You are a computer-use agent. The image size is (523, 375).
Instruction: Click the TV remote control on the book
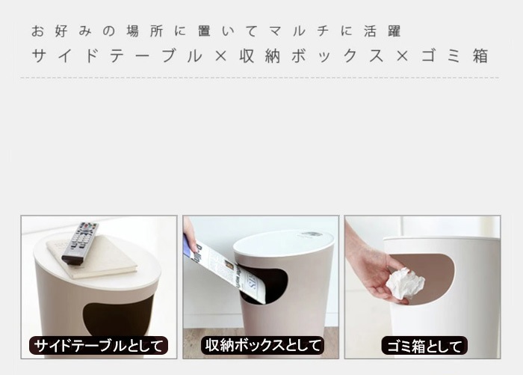[x=80, y=243]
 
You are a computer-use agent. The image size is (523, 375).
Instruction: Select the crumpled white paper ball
[x=405, y=285]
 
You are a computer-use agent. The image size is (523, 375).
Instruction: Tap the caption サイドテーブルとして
[x=99, y=346]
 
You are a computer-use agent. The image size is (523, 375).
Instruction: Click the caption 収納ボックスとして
[x=262, y=346]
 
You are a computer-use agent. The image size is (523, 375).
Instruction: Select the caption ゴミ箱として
[x=424, y=346]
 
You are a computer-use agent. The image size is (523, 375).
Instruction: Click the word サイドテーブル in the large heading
[x=117, y=56]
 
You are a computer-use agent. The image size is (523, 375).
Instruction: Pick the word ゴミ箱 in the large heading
[x=455, y=56]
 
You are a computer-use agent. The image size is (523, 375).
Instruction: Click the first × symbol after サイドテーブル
[x=221, y=56]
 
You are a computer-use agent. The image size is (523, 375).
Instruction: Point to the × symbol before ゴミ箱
[x=403, y=56]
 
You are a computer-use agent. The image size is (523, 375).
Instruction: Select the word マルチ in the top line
[x=298, y=31]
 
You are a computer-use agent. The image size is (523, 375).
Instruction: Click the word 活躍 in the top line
[x=383, y=31]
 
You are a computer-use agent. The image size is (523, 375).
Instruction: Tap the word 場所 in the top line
[x=145, y=31]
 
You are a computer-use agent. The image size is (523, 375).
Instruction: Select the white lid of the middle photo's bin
[x=283, y=246]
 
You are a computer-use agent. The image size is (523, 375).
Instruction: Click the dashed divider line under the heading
[x=259, y=78]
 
